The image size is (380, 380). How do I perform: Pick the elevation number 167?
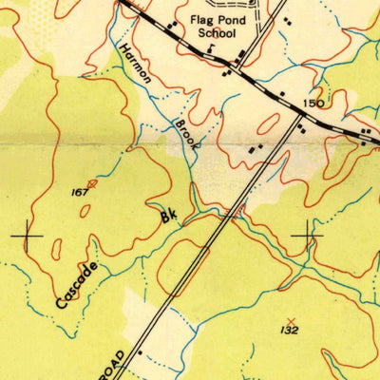point(79,192)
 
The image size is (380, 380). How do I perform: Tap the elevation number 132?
point(290,330)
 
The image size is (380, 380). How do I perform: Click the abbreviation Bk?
point(169,217)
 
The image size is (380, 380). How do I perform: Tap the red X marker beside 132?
point(290,319)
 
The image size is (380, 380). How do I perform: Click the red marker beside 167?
point(92,182)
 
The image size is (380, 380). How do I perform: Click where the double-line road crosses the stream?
point(231,213)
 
